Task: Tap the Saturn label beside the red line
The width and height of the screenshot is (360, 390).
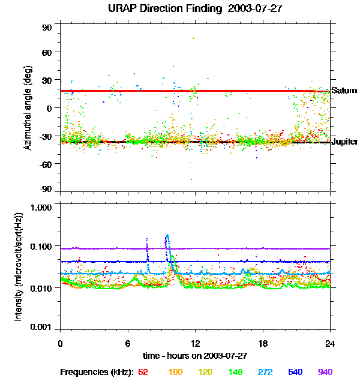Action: (x=344, y=91)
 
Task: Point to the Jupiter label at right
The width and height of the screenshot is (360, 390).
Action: (x=345, y=142)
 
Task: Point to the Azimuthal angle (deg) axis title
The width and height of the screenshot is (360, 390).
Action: (x=27, y=108)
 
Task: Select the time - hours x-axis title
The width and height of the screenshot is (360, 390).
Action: (x=194, y=355)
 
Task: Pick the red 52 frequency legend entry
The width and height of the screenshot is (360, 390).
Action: (x=143, y=372)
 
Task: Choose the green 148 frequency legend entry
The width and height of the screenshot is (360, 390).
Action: (x=235, y=372)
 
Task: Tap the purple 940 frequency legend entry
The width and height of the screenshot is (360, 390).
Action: (x=325, y=372)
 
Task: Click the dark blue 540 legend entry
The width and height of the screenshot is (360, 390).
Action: (x=295, y=372)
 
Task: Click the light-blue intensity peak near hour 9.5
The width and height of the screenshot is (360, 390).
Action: (x=167, y=235)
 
